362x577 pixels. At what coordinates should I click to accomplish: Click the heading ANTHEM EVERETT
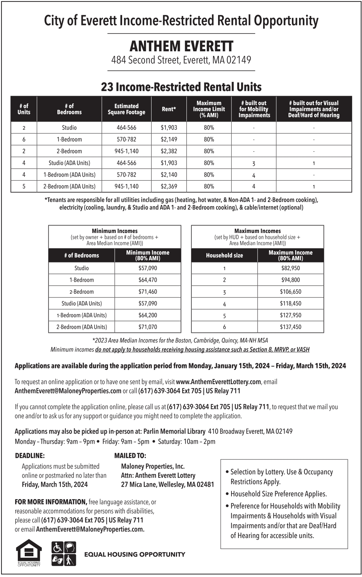tap(181, 46)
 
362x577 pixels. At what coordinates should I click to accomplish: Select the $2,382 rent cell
tap(169, 151)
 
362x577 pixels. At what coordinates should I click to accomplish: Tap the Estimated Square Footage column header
tap(126, 109)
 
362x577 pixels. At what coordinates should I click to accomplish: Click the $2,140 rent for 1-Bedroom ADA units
tap(169, 175)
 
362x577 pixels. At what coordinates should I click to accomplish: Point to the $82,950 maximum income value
tap(290, 268)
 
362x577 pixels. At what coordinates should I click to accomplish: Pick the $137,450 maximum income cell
tap(290, 327)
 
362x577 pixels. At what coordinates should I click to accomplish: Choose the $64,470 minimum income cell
tap(148, 280)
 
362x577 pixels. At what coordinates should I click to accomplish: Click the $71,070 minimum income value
tap(148, 327)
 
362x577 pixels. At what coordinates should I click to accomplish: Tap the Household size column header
tap(224, 256)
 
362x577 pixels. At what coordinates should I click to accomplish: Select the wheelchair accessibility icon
tap(57, 547)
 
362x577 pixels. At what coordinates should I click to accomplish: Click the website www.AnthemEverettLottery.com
tap(218, 382)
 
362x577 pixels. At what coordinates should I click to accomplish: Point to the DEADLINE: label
tap(30, 456)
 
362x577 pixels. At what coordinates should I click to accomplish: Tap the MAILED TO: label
tap(130, 456)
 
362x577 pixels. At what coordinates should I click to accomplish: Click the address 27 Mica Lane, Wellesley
tap(167, 485)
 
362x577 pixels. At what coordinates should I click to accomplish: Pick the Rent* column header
tap(169, 109)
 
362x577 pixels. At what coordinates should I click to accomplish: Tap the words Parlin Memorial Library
tap(174, 431)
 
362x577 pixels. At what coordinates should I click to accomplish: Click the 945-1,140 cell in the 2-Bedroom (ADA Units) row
tap(126, 186)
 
